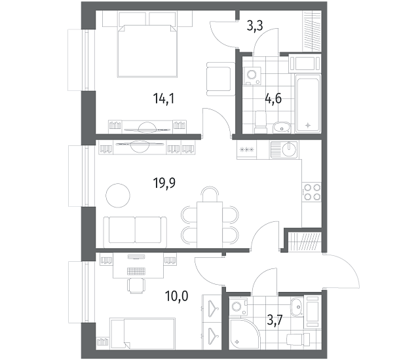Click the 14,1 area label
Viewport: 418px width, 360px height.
pyautogui.click(x=163, y=99)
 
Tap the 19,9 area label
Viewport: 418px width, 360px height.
pyautogui.click(x=164, y=183)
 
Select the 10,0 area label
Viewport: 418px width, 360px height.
pyautogui.click(x=176, y=296)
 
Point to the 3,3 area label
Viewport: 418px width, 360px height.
pyautogui.click(x=255, y=26)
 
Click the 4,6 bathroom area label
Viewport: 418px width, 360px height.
pyautogui.click(x=273, y=99)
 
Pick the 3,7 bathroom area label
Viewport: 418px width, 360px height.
pyautogui.click(x=275, y=320)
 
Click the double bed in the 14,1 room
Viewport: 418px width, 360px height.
pyautogui.click(x=147, y=50)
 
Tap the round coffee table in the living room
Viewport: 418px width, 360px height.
pyautogui.click(x=118, y=196)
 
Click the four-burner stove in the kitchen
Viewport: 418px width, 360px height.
pyautogui.click(x=311, y=192)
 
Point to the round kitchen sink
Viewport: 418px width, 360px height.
pyautogui.click(x=289, y=149)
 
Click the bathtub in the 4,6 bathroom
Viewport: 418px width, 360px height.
pyautogui.click(x=308, y=103)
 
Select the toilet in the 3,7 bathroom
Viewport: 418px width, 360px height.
pyautogui.click(x=298, y=339)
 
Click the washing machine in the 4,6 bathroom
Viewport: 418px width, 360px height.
pyautogui.click(x=252, y=76)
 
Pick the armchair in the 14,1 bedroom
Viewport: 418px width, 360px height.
pyautogui.click(x=221, y=79)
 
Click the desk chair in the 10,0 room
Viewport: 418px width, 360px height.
pyautogui.click(x=137, y=285)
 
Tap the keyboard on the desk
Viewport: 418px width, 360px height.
pyautogui.click(x=137, y=271)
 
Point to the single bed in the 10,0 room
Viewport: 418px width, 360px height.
pyautogui.click(x=142, y=333)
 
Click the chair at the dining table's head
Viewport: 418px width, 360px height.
pyautogui.click(x=210, y=194)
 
